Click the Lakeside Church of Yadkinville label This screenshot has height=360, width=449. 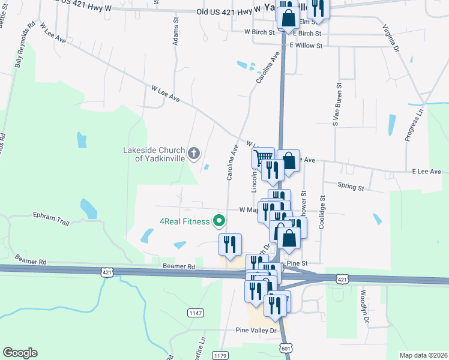(153, 154)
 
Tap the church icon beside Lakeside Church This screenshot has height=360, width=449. (193, 154)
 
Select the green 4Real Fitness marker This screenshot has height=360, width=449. (219, 221)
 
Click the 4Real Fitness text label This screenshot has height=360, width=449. (183, 221)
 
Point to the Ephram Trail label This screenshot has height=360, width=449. (52, 218)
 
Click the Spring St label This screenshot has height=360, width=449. (351, 187)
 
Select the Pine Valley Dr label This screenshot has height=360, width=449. (256, 331)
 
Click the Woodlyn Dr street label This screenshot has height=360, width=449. (364, 307)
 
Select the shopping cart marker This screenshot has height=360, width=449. (263, 158)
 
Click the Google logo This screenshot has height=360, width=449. (20, 353)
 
